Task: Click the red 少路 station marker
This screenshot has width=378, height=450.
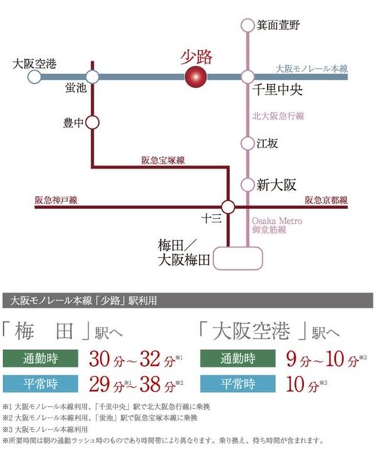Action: point(197,76)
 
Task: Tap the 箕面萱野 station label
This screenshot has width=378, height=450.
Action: point(279,25)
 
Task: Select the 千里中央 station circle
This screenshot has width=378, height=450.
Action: point(247,76)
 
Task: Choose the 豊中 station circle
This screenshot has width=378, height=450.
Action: point(92,121)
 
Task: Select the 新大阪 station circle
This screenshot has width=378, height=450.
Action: point(247,184)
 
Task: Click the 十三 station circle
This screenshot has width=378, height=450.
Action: point(229,205)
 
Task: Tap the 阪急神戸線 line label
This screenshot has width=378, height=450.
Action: point(56,200)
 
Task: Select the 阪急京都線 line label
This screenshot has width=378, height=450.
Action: point(326,200)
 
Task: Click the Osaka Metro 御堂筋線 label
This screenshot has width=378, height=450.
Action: point(277,225)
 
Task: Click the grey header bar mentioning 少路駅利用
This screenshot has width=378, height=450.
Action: point(189,301)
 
